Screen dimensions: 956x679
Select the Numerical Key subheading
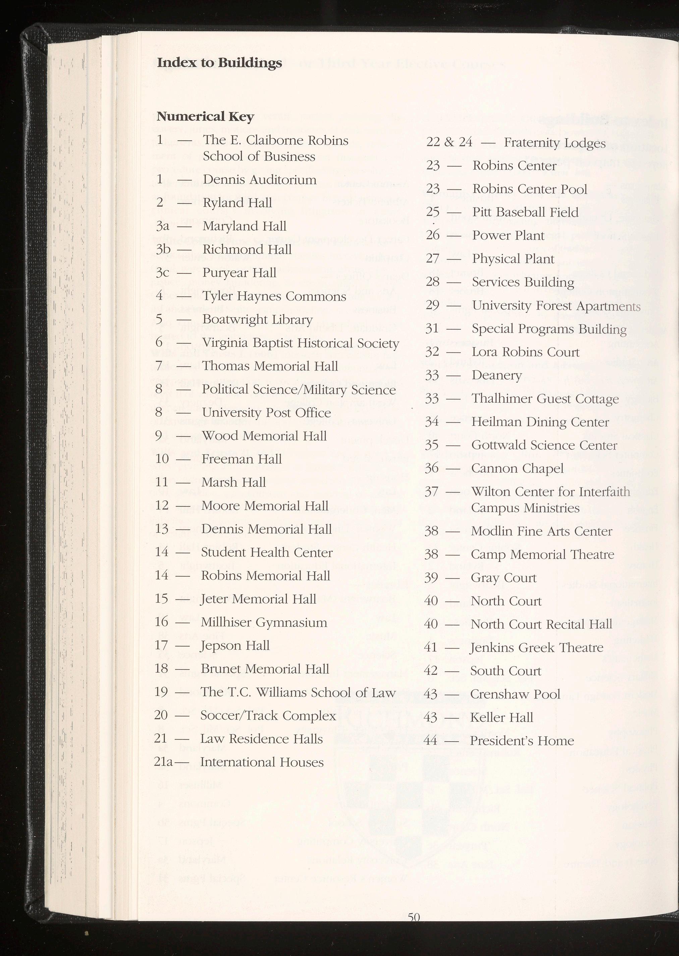click(x=205, y=116)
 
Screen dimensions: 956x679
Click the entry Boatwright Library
click(x=257, y=319)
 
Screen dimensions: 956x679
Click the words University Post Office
click(x=266, y=413)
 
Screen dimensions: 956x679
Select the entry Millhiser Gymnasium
click(x=264, y=622)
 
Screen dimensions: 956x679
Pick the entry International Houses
click(x=262, y=762)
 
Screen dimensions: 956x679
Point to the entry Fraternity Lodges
click(x=554, y=143)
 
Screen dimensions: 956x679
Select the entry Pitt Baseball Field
click(x=525, y=212)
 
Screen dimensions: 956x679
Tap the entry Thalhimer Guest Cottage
click(x=545, y=399)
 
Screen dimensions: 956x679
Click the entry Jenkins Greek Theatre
click(x=536, y=648)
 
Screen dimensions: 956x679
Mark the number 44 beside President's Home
click(x=430, y=741)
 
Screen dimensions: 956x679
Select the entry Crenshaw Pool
click(x=515, y=694)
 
